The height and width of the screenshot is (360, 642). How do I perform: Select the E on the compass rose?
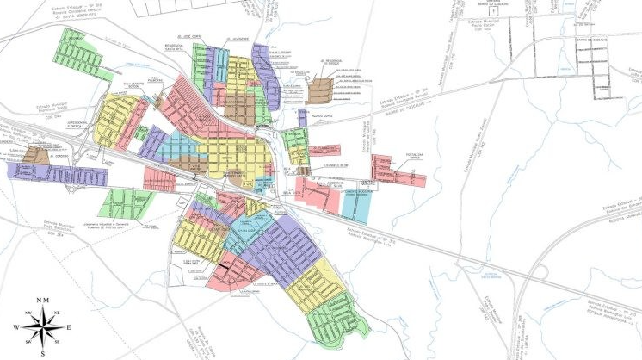[x=68, y=327]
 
